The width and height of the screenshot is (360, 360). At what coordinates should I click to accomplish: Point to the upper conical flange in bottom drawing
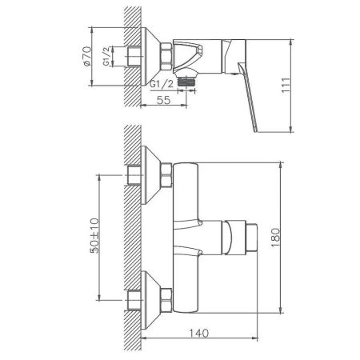pyautogui.click(x=151, y=173)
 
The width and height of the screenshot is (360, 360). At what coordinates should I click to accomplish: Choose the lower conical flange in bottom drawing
pyautogui.click(x=151, y=299)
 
